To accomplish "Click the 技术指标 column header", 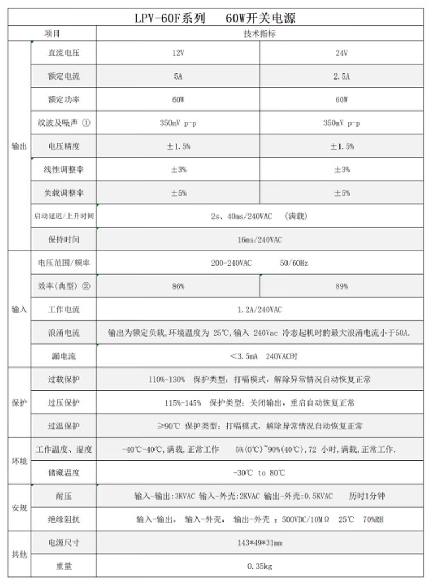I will coord(259,34).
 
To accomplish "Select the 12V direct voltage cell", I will coord(178,54).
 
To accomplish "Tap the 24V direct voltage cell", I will coord(341,54).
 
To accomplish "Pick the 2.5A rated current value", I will coord(341,77).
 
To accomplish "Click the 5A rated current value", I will coord(178,77).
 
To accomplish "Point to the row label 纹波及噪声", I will coord(63,123).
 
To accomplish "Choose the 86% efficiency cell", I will coord(178,286).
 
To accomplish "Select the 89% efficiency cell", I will coord(341,286).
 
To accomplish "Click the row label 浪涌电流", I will coord(63,333).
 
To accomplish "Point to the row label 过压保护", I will coord(63,402).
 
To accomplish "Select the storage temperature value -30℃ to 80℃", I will coord(259,473).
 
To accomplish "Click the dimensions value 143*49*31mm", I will coord(259,543).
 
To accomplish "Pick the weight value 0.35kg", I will coord(259,566).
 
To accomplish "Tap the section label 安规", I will coord(19,508).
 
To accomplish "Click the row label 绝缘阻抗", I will coord(63,519).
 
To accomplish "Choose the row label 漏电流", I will coord(63,356).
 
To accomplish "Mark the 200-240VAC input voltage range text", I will coord(231,263).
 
